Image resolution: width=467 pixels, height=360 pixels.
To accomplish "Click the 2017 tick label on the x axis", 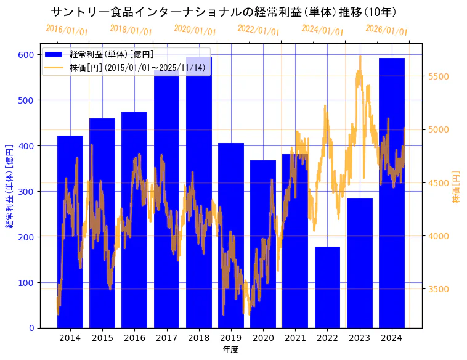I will point(166,338).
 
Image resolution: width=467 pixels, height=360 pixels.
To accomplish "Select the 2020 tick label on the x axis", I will point(263,338).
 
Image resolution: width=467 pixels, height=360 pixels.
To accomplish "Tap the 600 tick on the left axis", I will point(26,54).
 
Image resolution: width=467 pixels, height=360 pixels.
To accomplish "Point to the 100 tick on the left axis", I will point(26,282).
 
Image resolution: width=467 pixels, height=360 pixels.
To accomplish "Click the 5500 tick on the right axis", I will point(439,76).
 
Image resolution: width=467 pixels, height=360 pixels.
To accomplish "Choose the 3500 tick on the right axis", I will point(439,289).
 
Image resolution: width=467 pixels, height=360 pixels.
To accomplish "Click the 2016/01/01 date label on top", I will point(67,30).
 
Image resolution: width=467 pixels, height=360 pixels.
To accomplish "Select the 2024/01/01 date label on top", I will point(322,30).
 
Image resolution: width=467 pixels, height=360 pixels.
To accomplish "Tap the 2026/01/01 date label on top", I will point(386,30).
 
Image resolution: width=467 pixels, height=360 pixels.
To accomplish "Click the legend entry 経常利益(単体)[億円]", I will point(112,55).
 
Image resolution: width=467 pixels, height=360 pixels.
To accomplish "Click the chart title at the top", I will point(223,12).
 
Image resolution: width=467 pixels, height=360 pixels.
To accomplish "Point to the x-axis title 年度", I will point(230,350).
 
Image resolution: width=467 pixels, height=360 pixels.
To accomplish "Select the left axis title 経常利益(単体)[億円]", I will point(9,187).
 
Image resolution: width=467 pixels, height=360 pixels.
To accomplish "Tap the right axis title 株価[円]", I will point(457,187).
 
